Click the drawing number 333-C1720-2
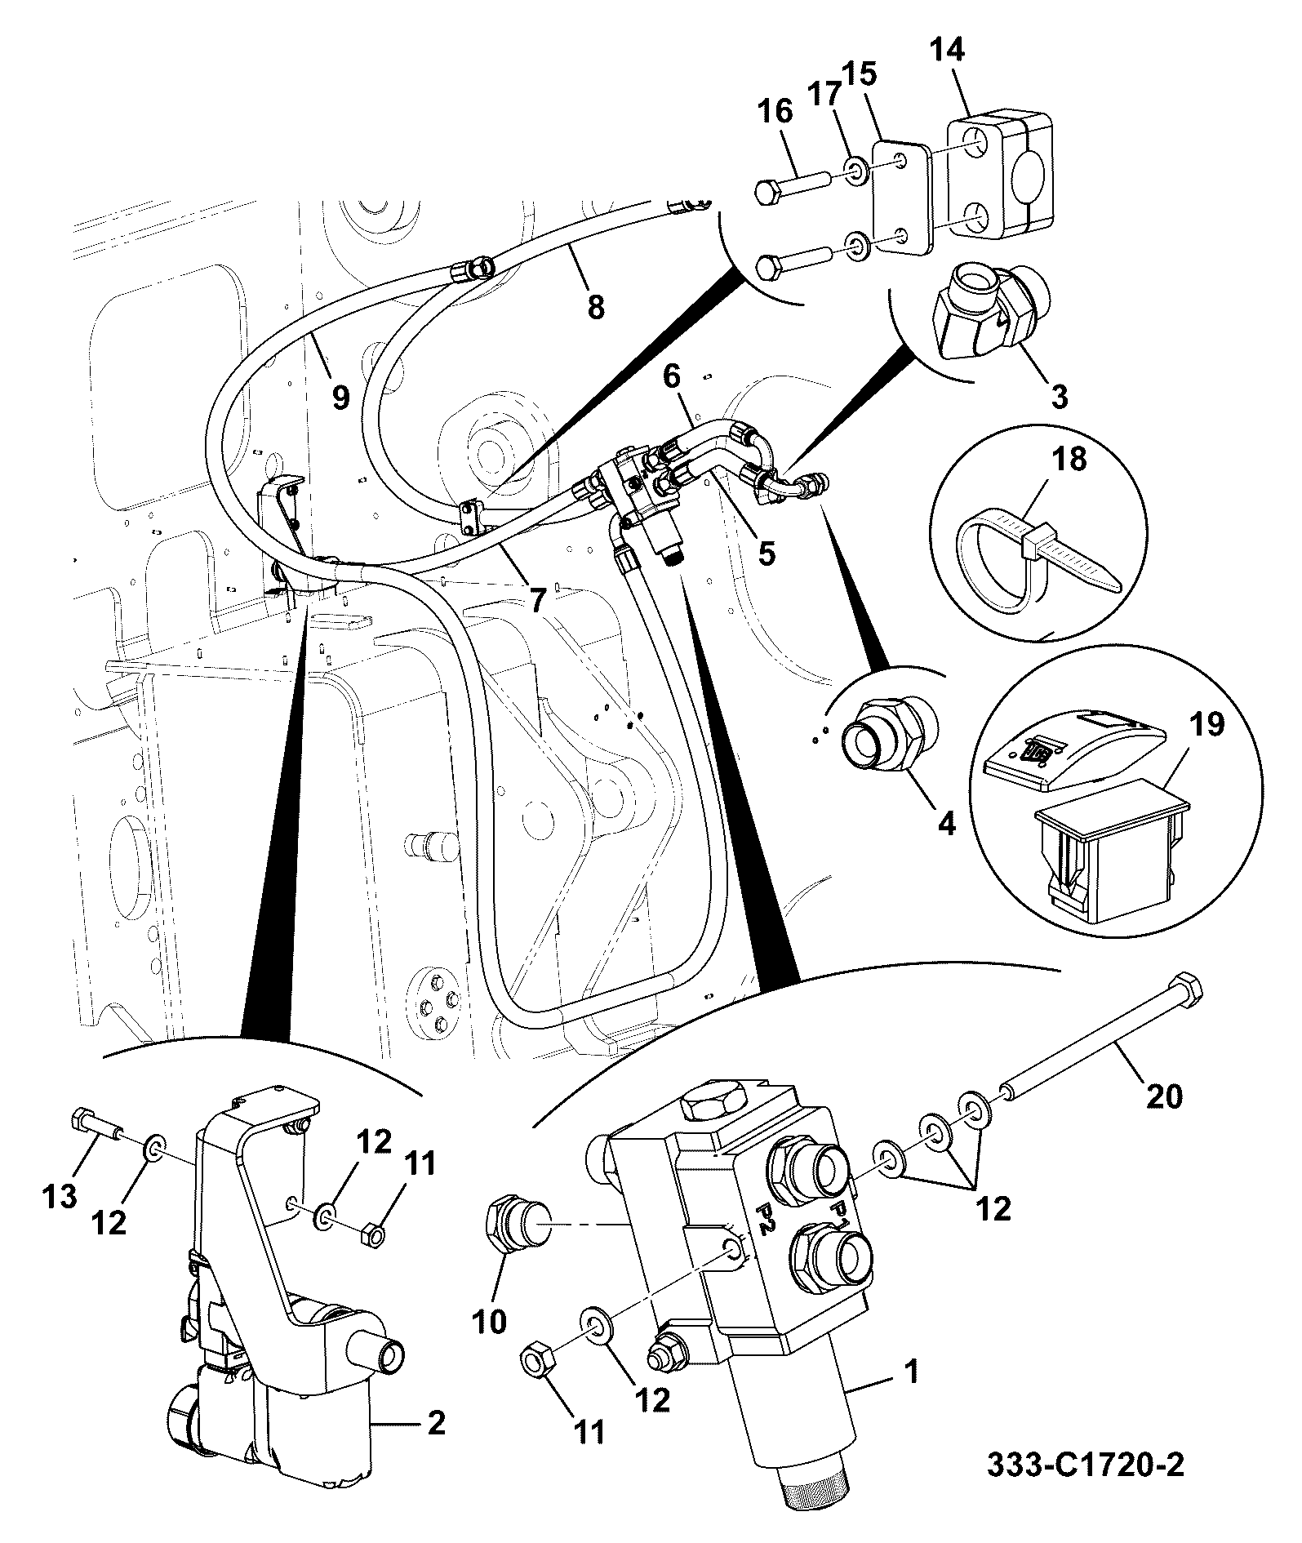(x=1086, y=1463)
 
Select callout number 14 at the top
(x=946, y=51)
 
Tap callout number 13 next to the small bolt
(x=60, y=1195)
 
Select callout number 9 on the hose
(x=340, y=398)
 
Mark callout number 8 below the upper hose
(x=596, y=308)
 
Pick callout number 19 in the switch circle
(x=1206, y=723)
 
